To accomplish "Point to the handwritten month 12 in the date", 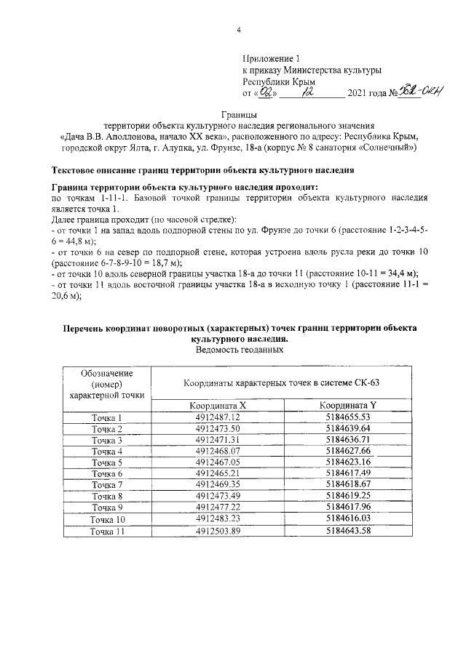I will coord(315,92).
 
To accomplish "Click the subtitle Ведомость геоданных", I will coord(239,350).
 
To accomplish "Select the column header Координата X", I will coord(218,405).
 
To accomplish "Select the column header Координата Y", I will coord(349,405).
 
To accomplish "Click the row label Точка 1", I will coord(106,417).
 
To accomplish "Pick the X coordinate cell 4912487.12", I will coord(218,417).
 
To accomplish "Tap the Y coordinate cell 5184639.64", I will coord(349,429).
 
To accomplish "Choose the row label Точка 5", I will coord(106,463).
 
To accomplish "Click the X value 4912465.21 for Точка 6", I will coord(218,474).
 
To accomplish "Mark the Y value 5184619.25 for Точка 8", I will coord(349,497).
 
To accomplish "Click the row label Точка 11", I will coord(106,531).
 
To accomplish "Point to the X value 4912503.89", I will coord(218,531).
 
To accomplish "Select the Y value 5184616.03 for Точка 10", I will coord(349,520).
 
